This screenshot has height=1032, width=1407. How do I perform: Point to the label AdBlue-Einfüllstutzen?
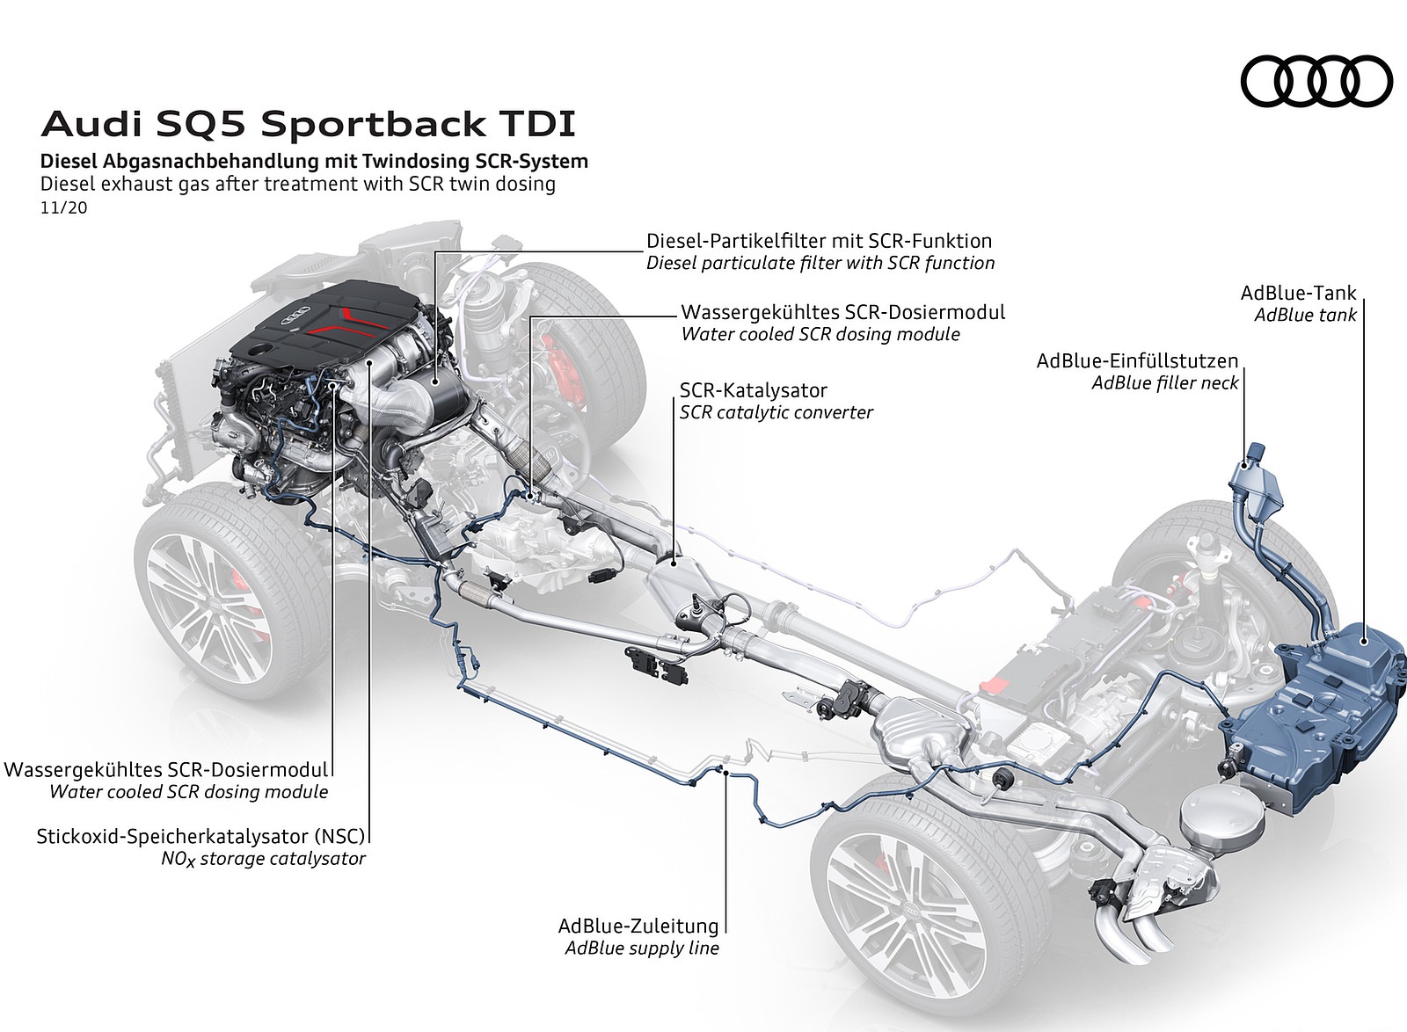point(1137,360)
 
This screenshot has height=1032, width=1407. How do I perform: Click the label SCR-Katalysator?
point(754,389)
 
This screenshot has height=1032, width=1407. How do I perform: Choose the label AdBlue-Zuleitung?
point(638,926)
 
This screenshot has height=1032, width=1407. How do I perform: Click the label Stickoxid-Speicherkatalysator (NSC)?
point(200,836)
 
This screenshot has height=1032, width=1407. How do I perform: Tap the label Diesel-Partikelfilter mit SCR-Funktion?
point(819,240)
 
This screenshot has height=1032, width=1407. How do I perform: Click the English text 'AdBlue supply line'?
point(642,948)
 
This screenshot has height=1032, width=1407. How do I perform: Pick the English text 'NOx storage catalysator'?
point(262,859)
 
